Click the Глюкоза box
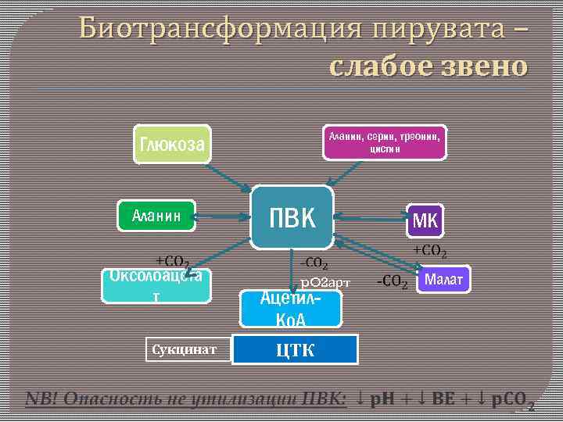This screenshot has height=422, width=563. pos(172,144)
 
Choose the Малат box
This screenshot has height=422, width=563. pos(444,279)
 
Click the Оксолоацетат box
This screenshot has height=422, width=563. pos(157,285)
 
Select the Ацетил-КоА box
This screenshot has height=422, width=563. pos(291,309)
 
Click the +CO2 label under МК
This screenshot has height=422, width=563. pos(429,251)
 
